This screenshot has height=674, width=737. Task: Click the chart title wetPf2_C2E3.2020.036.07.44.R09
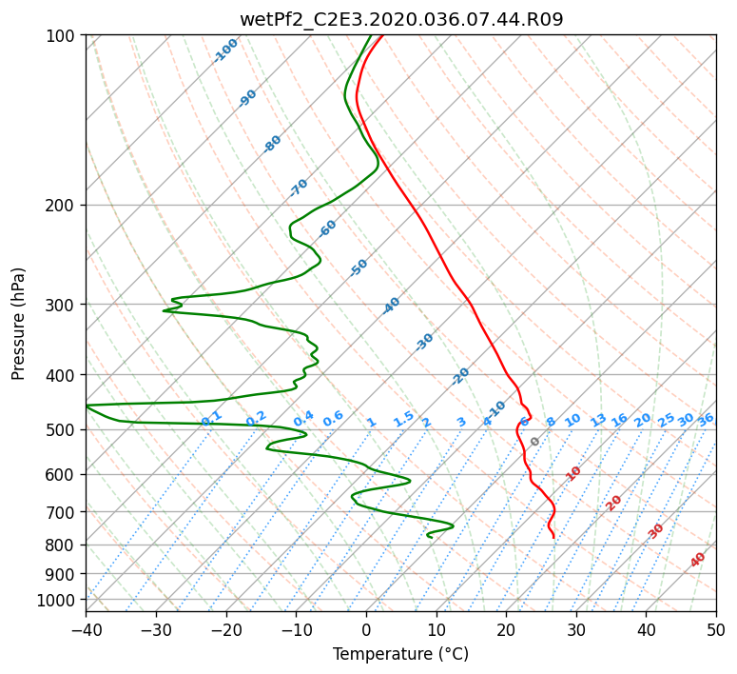pyautogui.click(x=401, y=20)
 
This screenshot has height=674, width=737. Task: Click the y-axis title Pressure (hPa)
pyautogui.click(x=17, y=324)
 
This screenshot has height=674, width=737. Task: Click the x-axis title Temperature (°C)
pyautogui.click(x=401, y=654)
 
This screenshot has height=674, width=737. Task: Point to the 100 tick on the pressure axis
pyautogui.click(x=66, y=35)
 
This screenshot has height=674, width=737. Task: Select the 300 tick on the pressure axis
pyautogui.click(x=66, y=305)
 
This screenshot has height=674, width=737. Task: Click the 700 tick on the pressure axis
pyautogui.click(x=66, y=512)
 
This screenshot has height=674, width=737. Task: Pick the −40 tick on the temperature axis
pyautogui.click(x=86, y=629)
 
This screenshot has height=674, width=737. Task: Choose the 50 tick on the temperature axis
pyautogui.click(x=716, y=629)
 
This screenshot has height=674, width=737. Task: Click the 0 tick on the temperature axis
pyautogui.click(x=367, y=629)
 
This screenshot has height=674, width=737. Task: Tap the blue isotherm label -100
pyautogui.click(x=225, y=50)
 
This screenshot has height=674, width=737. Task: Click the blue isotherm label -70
pyautogui.click(x=299, y=188)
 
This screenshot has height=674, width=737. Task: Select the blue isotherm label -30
pyautogui.click(x=424, y=342)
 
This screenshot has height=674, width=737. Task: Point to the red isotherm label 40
pyautogui.click(x=697, y=560)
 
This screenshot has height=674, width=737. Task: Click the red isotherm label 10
pyautogui.click(x=573, y=473)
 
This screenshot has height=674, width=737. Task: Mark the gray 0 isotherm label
pyautogui.click(x=534, y=442)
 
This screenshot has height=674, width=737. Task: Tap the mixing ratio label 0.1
pyautogui.click(x=211, y=418)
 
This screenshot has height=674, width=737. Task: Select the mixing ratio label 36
pyautogui.click(x=706, y=421)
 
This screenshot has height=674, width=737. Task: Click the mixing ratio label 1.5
pyautogui.click(x=404, y=419)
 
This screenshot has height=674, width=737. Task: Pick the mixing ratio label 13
pyautogui.click(x=598, y=421)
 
